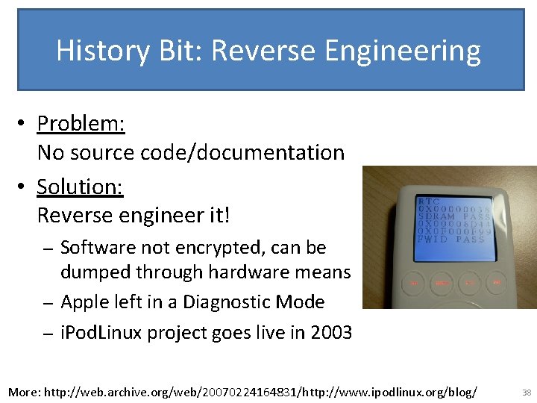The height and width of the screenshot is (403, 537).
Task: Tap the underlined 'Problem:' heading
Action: [x=81, y=123]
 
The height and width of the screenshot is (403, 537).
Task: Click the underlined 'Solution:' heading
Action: [x=80, y=186]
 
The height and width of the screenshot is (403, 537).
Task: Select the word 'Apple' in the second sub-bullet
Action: [x=84, y=302]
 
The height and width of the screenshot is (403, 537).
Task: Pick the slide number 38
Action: [x=527, y=392]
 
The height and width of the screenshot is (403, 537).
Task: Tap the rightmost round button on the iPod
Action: [x=495, y=282]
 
